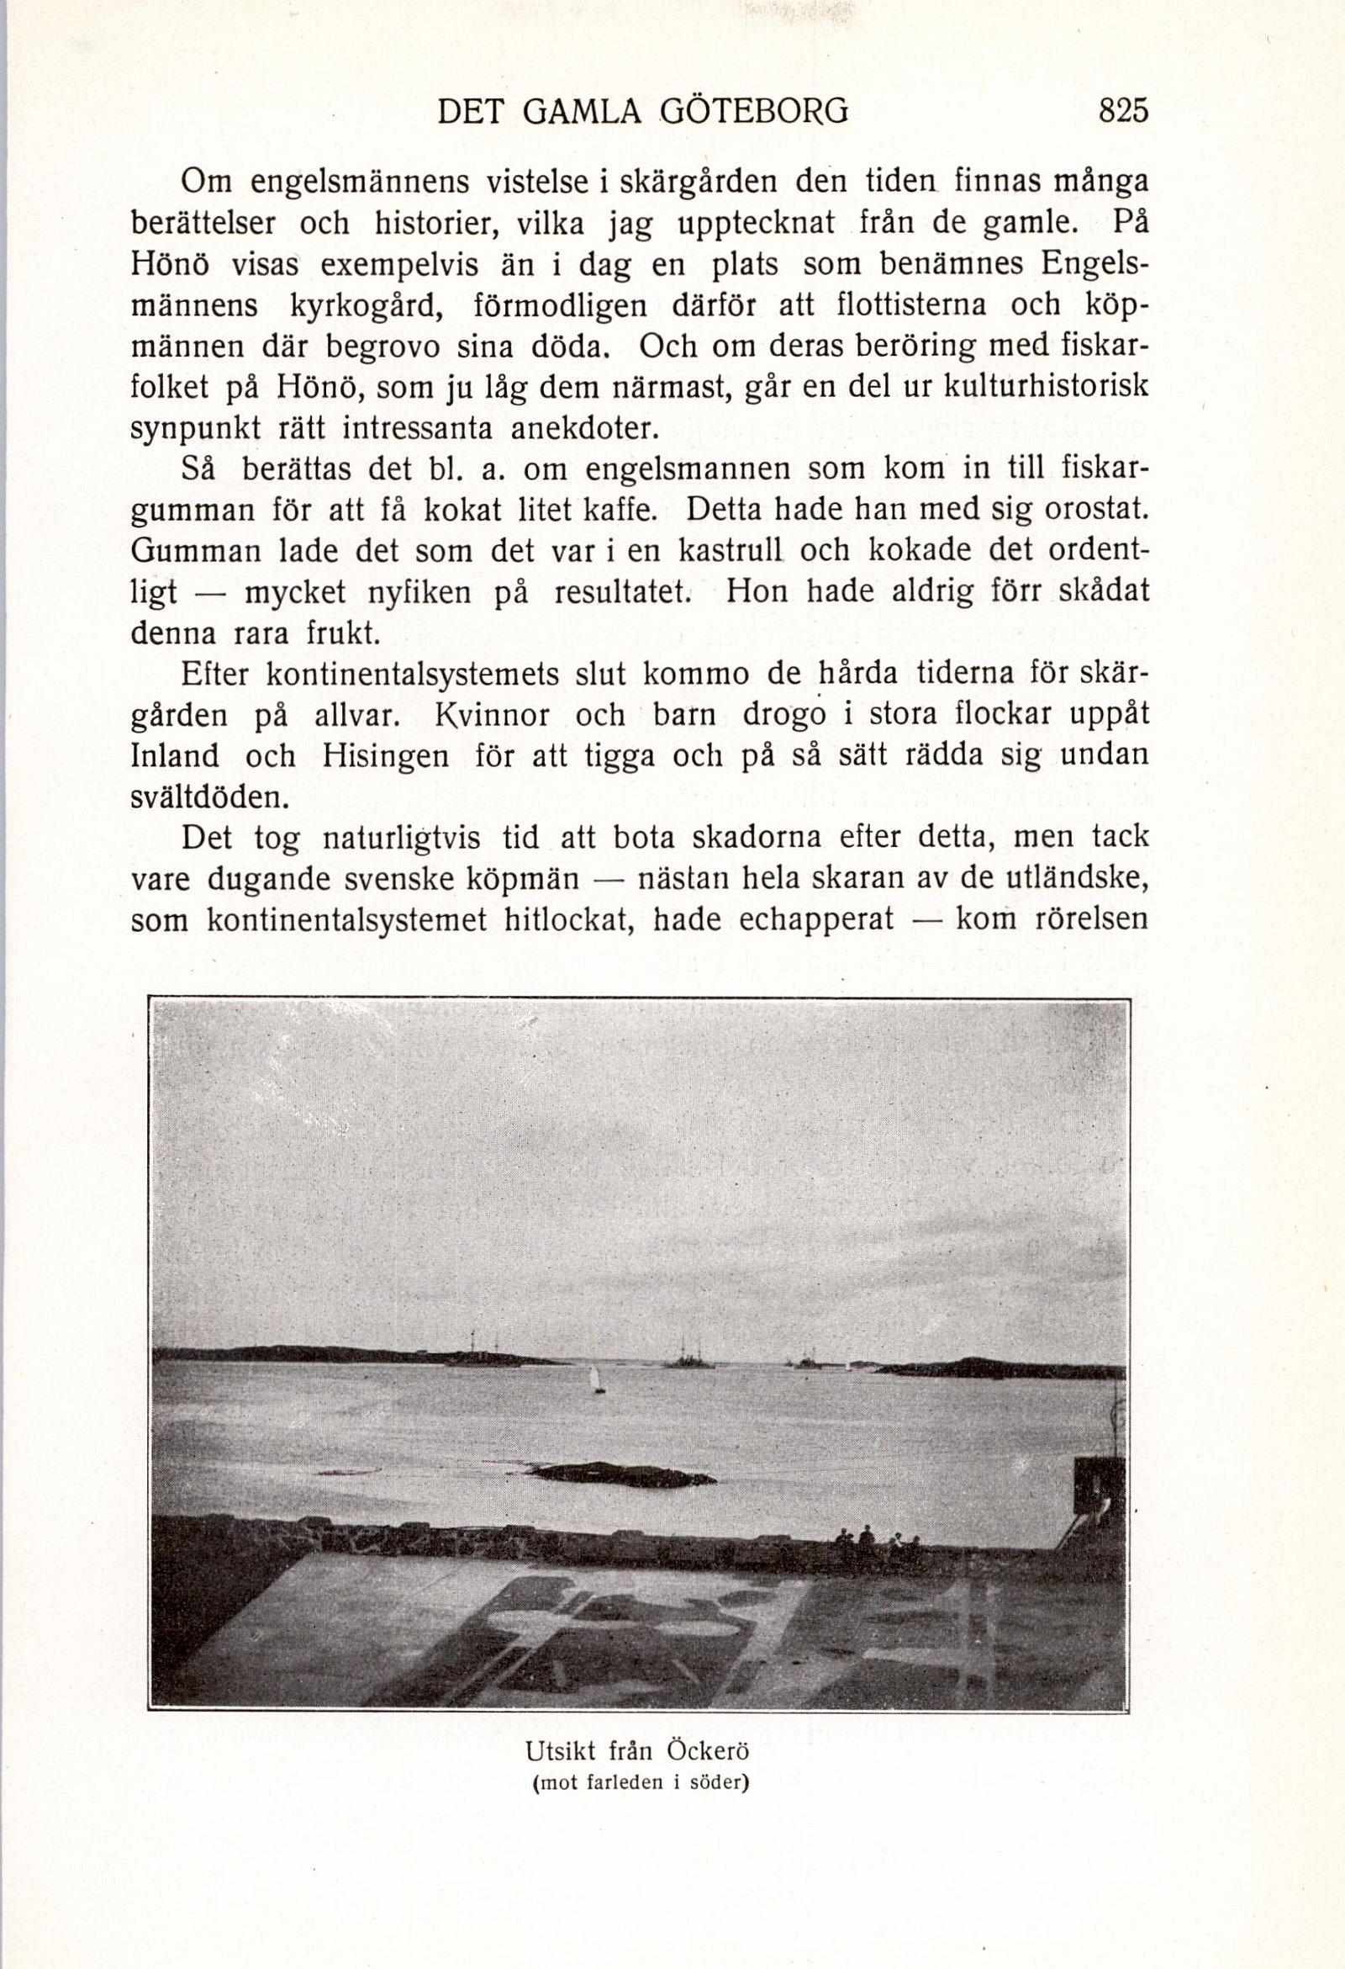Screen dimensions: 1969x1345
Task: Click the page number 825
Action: tap(1122, 111)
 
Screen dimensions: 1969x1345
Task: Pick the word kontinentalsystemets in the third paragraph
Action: tap(413, 675)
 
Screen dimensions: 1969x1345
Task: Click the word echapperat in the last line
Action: tap(816, 920)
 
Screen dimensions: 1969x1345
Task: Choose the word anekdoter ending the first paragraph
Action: tap(584, 430)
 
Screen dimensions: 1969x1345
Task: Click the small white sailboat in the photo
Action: tap(597, 1379)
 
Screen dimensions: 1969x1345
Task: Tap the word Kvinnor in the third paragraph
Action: tap(491, 716)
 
